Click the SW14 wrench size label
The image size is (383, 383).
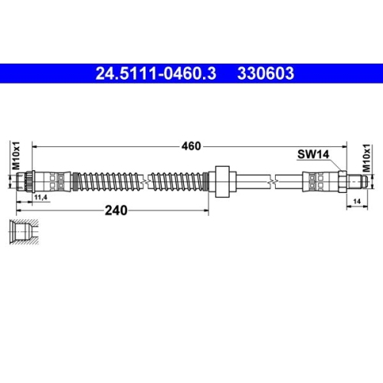coord(313,154)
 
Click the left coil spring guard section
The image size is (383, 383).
coord(106,181)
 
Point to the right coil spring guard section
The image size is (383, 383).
coord(178,181)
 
